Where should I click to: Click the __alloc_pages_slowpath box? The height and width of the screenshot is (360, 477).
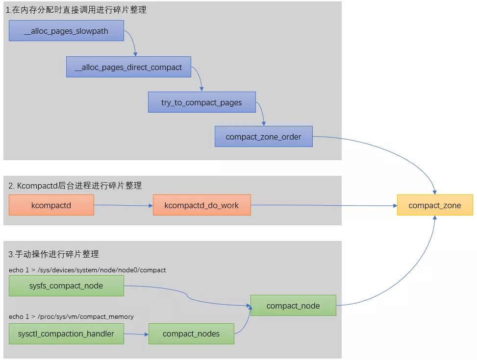(66, 31)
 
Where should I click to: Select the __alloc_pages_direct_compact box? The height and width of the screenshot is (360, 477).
(128, 67)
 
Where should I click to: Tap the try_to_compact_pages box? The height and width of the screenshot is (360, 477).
(201, 103)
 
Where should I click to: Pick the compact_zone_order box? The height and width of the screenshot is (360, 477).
(263, 137)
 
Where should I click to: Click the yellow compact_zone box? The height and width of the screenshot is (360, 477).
(434, 205)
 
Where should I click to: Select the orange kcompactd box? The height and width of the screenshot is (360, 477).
(51, 205)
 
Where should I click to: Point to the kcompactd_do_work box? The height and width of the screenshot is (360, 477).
(201, 205)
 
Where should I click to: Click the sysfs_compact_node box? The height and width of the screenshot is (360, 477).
(66, 286)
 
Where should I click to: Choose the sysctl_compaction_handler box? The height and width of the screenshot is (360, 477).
(66, 334)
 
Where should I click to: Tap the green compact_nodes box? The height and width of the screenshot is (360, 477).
(191, 334)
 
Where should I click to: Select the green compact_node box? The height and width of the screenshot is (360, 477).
(293, 306)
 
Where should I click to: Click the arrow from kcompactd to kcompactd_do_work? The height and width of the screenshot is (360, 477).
(123, 206)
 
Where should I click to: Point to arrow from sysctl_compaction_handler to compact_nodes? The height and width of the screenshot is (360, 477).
(136, 334)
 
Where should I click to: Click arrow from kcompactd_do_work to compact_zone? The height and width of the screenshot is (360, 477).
(324, 206)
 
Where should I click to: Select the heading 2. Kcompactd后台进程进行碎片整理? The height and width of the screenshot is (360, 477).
(75, 186)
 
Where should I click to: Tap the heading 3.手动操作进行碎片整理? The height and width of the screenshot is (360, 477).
(54, 254)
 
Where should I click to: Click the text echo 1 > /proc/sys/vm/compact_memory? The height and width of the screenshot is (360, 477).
(71, 316)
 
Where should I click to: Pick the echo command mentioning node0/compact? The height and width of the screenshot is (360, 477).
(87, 270)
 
